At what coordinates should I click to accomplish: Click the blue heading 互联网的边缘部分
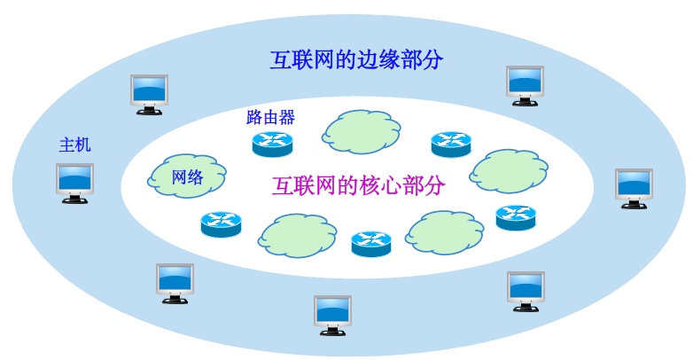pyautogui.click(x=356, y=60)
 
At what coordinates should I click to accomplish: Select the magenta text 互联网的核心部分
pyautogui.click(x=359, y=186)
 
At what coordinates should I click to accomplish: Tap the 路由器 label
pyautogui.click(x=270, y=117)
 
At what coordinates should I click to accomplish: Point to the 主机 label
pyautogui.click(x=74, y=145)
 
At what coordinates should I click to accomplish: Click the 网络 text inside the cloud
pyautogui.click(x=188, y=177)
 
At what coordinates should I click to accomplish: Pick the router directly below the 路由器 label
pyautogui.click(x=272, y=143)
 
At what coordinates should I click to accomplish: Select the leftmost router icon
pyautogui.click(x=221, y=223)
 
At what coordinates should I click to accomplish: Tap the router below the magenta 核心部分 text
pyautogui.click(x=371, y=243)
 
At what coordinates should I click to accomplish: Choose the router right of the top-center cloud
pyautogui.click(x=451, y=144)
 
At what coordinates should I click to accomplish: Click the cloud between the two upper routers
pyautogui.click(x=361, y=131)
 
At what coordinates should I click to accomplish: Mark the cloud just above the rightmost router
pyautogui.click(x=506, y=169)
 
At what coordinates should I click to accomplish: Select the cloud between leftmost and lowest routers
pyautogui.click(x=298, y=234)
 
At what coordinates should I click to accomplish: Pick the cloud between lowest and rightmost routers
pyautogui.click(x=445, y=231)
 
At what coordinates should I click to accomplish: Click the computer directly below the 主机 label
pyautogui.click(x=74, y=183)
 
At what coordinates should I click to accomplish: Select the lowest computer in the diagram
pyautogui.click(x=333, y=315)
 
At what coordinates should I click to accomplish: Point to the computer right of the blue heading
pyautogui.click(x=525, y=85)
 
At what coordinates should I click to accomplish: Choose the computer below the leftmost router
pyautogui.click(x=175, y=283)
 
